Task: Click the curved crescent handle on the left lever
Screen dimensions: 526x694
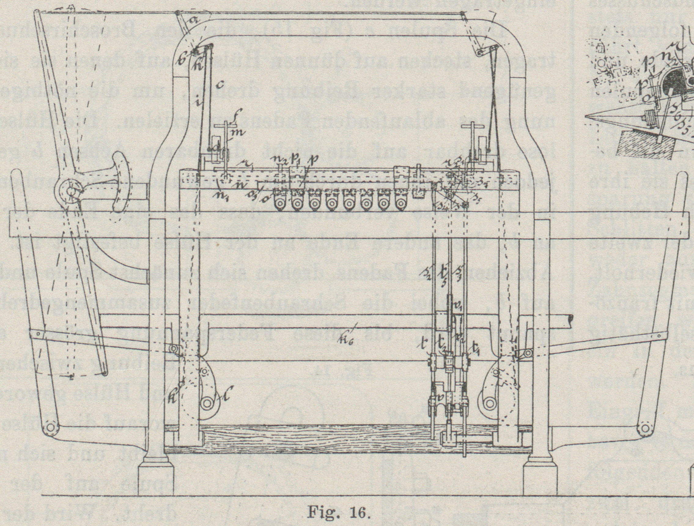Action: [121, 182]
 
